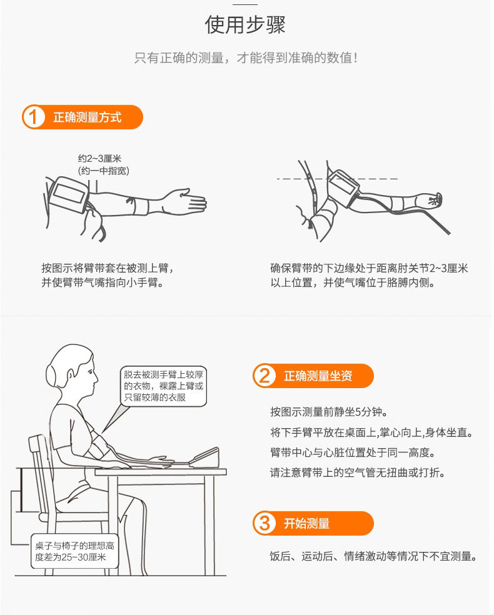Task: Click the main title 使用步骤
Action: [245, 25]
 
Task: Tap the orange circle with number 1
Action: [33, 117]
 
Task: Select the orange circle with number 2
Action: [264, 376]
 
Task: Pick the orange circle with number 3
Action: [264, 523]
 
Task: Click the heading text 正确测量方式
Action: [87, 117]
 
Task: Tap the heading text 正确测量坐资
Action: [318, 376]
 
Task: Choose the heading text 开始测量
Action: [306, 523]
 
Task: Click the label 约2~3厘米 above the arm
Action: [99, 159]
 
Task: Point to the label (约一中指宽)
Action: [104, 171]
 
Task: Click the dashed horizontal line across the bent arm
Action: [337, 179]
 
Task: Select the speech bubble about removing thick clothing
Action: [164, 386]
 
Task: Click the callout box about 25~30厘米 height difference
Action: [74, 551]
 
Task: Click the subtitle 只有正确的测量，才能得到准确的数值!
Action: [246, 58]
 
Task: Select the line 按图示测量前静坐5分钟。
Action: [329, 412]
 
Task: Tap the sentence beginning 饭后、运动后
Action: [373, 556]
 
